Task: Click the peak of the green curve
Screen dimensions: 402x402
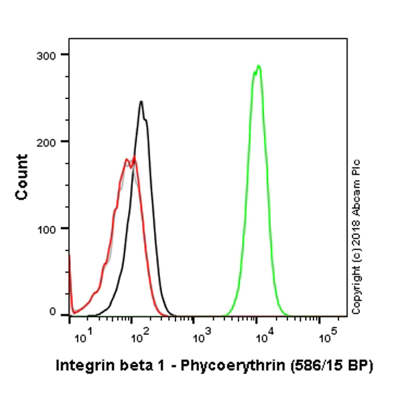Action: click(258, 66)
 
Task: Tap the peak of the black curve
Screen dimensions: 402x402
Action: click(141, 102)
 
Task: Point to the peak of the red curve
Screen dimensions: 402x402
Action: click(134, 157)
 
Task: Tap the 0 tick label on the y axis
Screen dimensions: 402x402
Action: click(56, 311)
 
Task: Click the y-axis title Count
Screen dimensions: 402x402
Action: click(22, 176)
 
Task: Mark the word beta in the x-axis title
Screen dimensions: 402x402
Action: click(125, 366)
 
